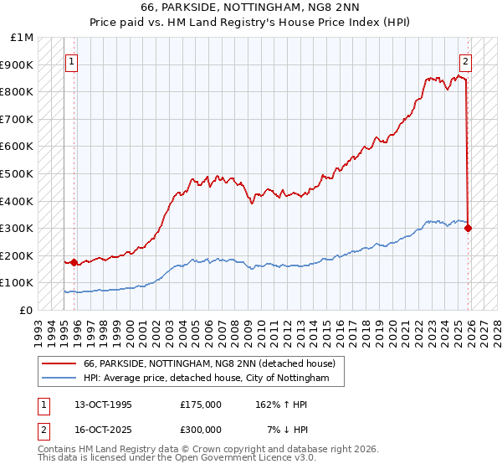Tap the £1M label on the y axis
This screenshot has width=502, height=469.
[23, 38]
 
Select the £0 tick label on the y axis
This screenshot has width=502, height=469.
[27, 310]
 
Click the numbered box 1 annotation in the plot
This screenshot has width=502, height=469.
[72, 61]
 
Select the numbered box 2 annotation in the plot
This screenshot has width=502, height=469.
[464, 61]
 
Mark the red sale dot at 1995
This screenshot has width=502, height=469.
[74, 262]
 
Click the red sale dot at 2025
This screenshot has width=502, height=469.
[468, 228]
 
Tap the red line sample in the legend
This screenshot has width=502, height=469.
[59, 363]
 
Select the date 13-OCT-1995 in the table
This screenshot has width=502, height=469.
[103, 405]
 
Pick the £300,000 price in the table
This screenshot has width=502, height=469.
[200, 429]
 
